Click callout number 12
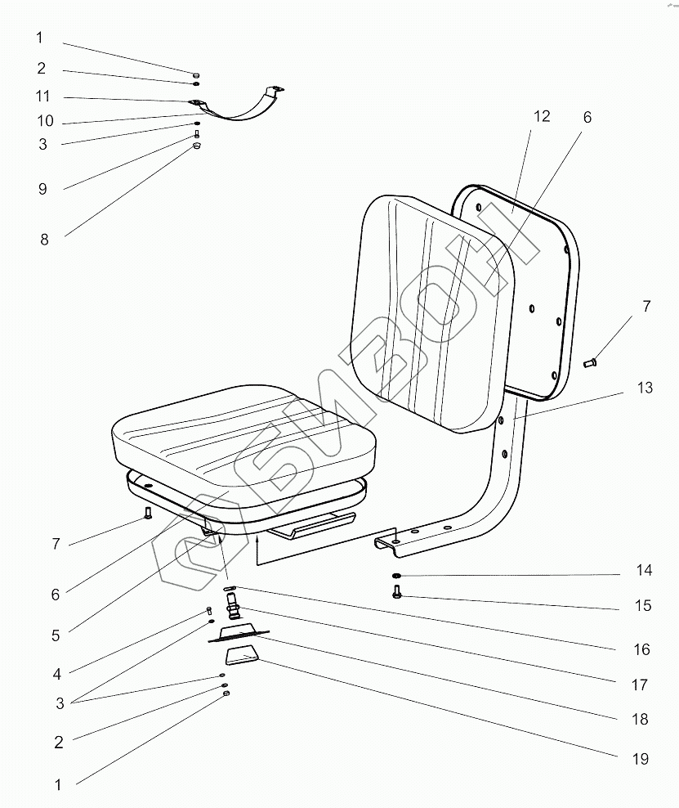542,116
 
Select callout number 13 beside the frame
645,388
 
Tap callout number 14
645,570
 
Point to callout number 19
640,759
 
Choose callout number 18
640,720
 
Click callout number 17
640,685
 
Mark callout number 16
641,649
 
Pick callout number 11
43,97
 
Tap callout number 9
42,189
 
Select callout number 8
44,240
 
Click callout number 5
56,635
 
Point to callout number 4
57,675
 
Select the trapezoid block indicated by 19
243,654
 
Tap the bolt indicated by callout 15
397,592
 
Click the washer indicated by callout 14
396,577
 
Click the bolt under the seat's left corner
148,514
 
